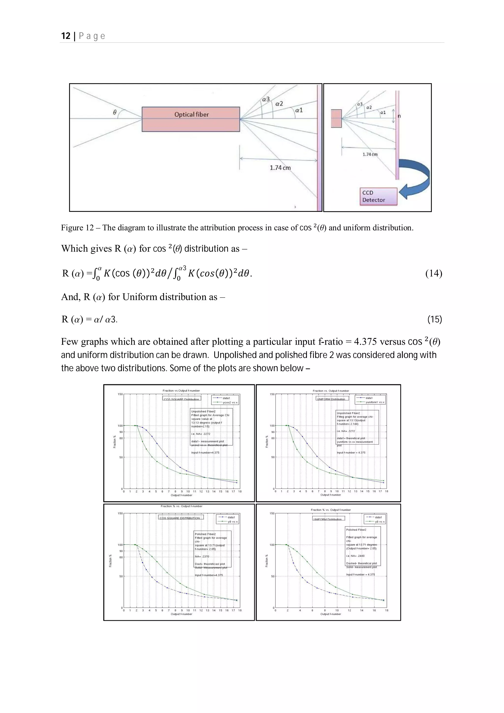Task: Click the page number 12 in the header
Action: [66, 36]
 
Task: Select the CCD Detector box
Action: [378, 196]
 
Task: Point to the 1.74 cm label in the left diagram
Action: [280, 168]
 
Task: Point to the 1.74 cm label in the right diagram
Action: [370, 154]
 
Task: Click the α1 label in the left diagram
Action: [299, 110]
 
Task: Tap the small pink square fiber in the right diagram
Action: [336, 118]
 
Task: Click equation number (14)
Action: [434, 273]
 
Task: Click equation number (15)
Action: [434, 319]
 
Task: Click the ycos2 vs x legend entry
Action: [230, 403]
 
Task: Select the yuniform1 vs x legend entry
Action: [375, 402]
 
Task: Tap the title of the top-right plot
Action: [331, 391]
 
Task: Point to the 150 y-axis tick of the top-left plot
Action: [120, 394]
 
